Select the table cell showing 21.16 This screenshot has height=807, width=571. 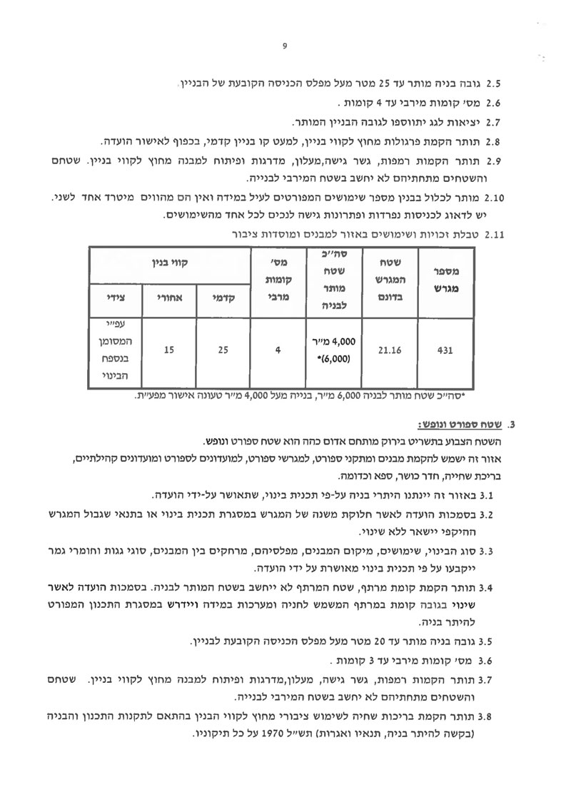point(388,350)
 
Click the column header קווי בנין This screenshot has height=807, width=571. point(167,263)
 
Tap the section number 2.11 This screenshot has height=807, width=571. point(495,233)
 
